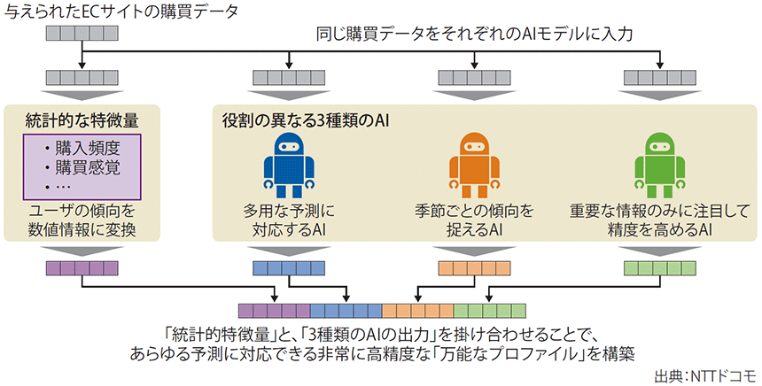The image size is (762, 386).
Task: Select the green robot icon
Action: point(661,165)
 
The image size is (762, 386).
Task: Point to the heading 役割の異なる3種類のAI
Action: point(305,119)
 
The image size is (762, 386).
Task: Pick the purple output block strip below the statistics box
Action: point(82,267)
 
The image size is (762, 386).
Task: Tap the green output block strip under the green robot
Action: point(661,267)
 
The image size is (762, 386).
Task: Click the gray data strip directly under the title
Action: point(82,35)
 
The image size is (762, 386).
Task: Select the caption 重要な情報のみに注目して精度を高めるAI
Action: point(661,220)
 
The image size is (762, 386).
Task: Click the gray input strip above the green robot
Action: point(661,77)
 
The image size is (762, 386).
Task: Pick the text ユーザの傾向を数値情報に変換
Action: point(82,220)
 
